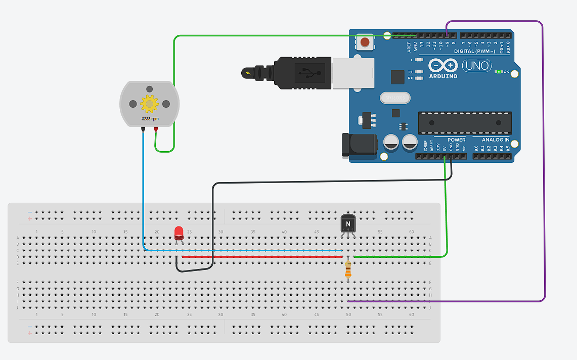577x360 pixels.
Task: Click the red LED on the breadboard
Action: (179, 233)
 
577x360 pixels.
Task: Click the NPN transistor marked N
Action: (348, 222)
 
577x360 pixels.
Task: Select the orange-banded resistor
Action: (348, 269)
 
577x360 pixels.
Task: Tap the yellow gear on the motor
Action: (149, 104)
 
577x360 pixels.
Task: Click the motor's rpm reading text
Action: (149, 118)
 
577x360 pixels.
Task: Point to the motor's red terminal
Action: (156, 129)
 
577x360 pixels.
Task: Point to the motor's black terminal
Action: (143, 129)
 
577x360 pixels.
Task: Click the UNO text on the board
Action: (477, 65)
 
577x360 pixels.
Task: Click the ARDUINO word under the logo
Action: (443, 76)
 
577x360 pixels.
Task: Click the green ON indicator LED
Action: (499, 72)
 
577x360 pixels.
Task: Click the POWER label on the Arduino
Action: (456, 140)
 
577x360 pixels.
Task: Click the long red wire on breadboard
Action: (263, 257)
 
